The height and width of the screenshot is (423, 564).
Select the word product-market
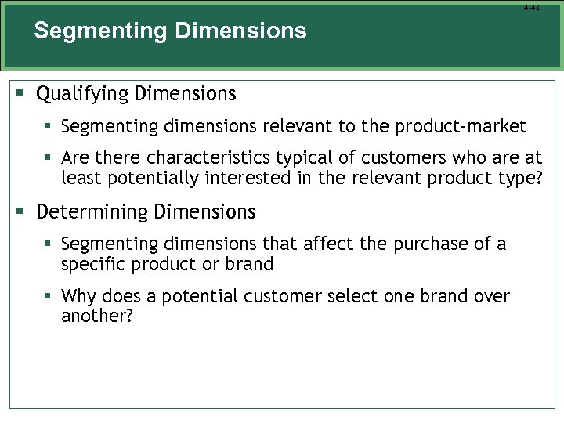[461, 126]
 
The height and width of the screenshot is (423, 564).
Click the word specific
[90, 264]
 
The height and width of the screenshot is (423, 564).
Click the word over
[492, 297]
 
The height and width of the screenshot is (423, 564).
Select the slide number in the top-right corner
[532, 8]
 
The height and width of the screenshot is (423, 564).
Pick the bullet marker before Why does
[49, 297]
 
